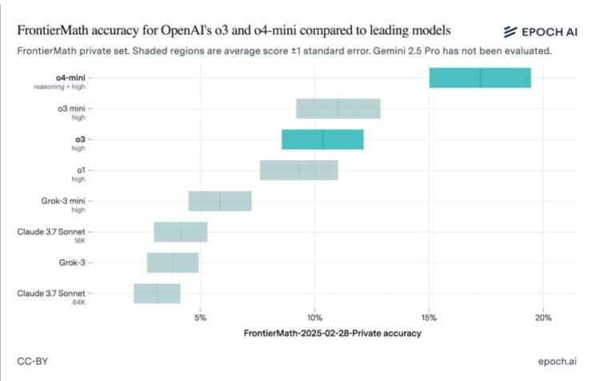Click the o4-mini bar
[x=480, y=78]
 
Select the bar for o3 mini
[x=338, y=108]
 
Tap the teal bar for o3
[x=322, y=139]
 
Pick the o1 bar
[x=298, y=170]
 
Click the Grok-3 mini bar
[x=220, y=201]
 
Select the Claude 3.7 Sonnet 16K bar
[x=181, y=231]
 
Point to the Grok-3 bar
[x=172, y=263]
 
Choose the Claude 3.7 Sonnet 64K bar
[x=157, y=293]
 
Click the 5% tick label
[x=201, y=318]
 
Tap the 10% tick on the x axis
[x=314, y=318]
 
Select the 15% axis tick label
[x=429, y=318]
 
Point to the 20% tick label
[x=543, y=318]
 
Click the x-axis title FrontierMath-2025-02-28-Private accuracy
[x=332, y=333]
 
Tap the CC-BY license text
[x=33, y=362]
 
